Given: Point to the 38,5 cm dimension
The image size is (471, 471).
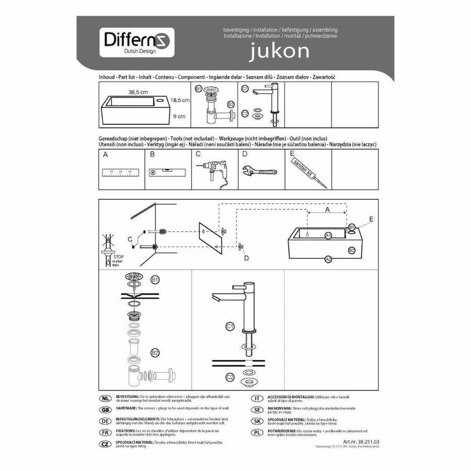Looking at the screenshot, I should [137, 92].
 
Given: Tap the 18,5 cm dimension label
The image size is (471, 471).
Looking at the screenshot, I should [180, 99].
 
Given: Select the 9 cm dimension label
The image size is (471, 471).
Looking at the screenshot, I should [179, 116].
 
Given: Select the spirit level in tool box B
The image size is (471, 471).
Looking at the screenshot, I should [167, 172].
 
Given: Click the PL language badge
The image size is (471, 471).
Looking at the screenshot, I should [256, 433].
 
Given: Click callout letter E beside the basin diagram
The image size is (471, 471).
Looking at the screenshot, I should [371, 219].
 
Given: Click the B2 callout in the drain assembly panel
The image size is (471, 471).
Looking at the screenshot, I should [155, 352].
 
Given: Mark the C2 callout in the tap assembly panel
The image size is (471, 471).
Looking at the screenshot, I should [230, 377].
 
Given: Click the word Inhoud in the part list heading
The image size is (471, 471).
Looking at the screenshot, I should [107, 77].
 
